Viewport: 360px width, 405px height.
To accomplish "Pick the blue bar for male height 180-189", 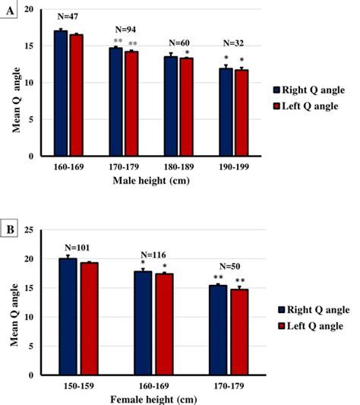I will [x=171, y=106].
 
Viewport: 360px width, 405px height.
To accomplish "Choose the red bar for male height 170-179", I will [x=131, y=104].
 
